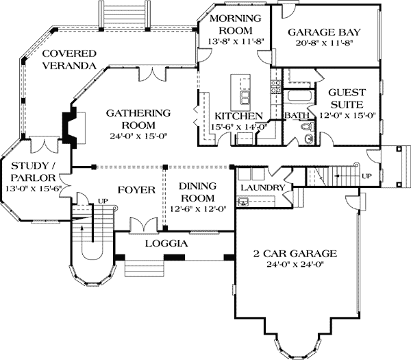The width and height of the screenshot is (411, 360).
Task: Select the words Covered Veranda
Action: click(x=68, y=60)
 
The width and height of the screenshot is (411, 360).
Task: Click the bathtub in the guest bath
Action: click(x=298, y=97)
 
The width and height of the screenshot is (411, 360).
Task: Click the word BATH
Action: click(x=296, y=116)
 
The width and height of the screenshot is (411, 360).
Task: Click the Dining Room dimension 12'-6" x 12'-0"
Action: click(x=198, y=210)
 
